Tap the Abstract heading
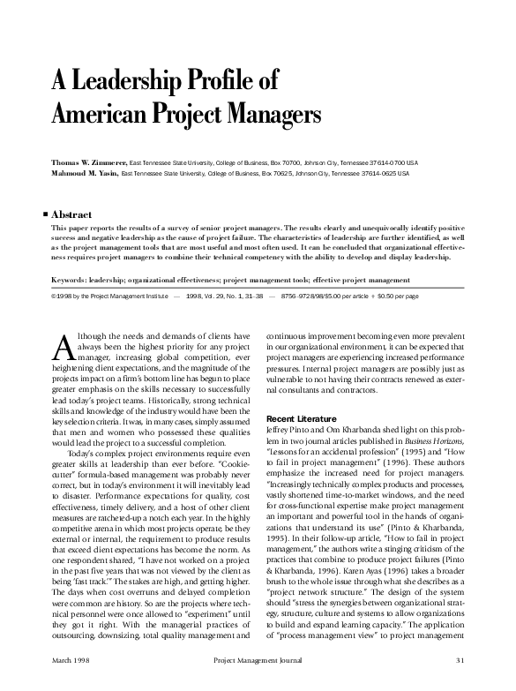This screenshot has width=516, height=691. coord(72,214)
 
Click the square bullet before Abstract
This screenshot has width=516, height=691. coord(45,214)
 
